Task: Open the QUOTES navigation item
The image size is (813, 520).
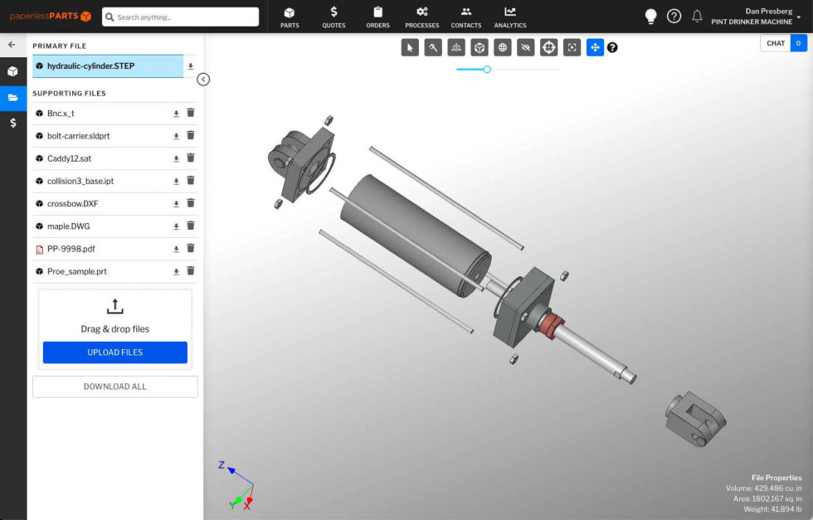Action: [x=333, y=16]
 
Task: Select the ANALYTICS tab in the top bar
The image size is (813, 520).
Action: [x=509, y=16]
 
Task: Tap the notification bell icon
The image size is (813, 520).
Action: [x=697, y=17]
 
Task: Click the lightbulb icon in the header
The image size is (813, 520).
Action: [x=651, y=17]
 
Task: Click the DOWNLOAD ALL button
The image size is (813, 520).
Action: [x=115, y=386]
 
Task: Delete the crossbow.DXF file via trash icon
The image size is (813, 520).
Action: [x=190, y=203]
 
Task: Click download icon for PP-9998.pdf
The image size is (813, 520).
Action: [x=176, y=249]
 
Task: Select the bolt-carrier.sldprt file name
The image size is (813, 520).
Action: [x=78, y=136]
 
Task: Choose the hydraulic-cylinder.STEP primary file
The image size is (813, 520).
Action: [x=90, y=66]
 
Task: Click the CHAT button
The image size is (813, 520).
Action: [x=776, y=43]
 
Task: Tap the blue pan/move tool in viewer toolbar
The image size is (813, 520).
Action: [x=595, y=47]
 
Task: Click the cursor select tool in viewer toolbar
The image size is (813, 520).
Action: [x=410, y=47]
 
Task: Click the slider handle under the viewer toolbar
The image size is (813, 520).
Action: [x=487, y=70]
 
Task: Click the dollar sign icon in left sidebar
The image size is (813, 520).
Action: [x=13, y=123]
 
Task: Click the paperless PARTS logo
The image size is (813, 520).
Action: [x=51, y=17]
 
